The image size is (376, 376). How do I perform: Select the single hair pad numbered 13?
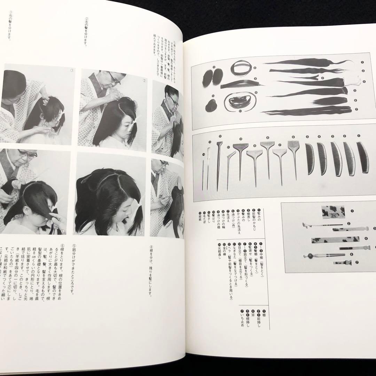(x=211, y=105)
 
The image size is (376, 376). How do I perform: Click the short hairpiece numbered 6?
(x=331, y=101)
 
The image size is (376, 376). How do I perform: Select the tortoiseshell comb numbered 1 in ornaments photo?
(x=332, y=211)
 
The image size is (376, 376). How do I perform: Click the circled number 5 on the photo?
(x=141, y=233)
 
